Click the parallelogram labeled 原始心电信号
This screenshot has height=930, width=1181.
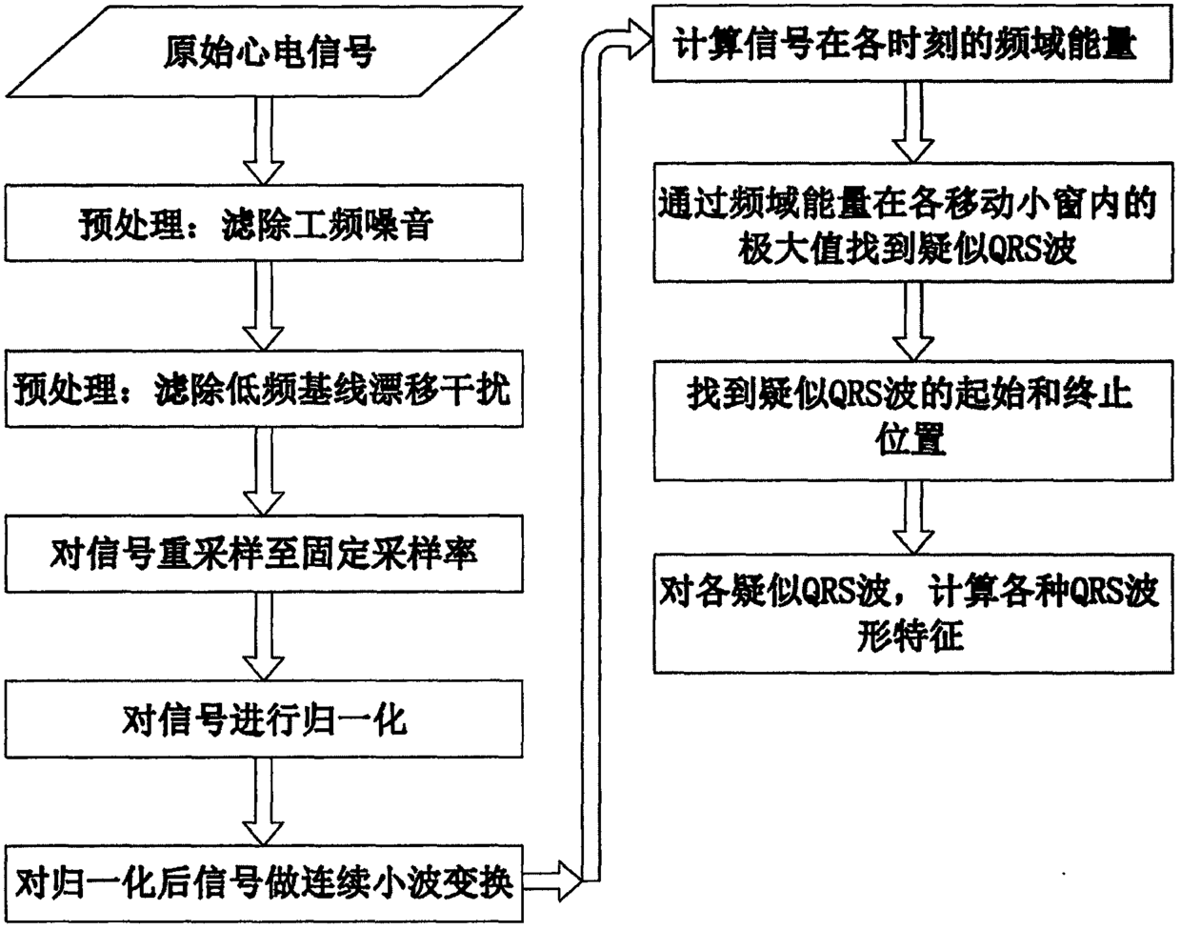click(x=267, y=51)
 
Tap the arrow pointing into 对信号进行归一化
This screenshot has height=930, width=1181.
click(x=265, y=637)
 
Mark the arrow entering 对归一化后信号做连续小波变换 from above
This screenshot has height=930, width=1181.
click(x=265, y=801)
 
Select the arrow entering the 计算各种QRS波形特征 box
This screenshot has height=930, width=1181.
click(x=910, y=515)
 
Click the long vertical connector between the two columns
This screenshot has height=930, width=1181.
click(x=595, y=457)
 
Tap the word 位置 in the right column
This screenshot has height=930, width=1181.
click(x=910, y=439)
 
